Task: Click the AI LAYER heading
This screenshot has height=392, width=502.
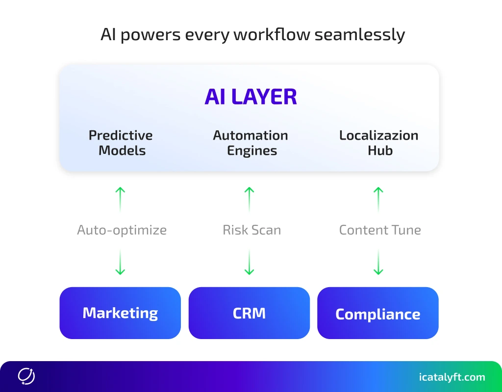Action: tap(251, 97)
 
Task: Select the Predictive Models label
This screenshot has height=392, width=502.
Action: tap(121, 143)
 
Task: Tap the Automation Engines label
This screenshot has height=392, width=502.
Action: tap(251, 143)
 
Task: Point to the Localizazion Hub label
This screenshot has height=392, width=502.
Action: tap(379, 143)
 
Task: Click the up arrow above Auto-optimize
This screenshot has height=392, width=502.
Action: tap(120, 198)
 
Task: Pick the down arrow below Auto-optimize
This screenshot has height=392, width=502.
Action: tap(120, 262)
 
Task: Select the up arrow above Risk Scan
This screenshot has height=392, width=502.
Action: tap(250, 198)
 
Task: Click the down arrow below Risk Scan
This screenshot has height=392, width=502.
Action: tap(250, 262)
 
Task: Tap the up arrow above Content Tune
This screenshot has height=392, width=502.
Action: tap(378, 198)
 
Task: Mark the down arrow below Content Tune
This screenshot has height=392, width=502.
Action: tap(378, 262)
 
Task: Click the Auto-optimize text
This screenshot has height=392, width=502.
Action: tap(122, 230)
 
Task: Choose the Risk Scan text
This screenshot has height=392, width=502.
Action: tap(251, 230)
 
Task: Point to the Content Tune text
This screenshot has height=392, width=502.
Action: tap(380, 230)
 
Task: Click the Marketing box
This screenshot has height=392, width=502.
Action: tap(120, 313)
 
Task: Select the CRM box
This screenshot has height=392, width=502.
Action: tap(249, 313)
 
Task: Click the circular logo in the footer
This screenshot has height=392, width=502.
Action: tap(26, 376)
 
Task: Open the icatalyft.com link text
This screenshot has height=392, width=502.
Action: tap(452, 377)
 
